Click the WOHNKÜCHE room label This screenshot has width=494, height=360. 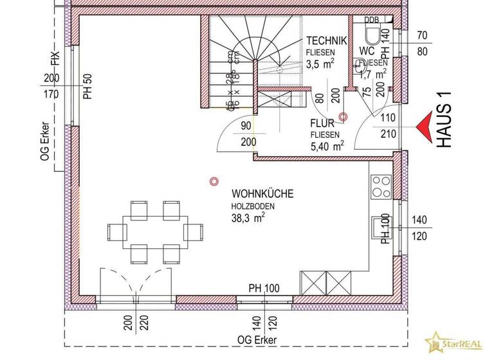pyautogui.click(x=262, y=193)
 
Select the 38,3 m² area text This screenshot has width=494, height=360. pyautogui.click(x=249, y=217)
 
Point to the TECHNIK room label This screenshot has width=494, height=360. pyautogui.click(x=326, y=40)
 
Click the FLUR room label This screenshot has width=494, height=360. pyautogui.click(x=322, y=123)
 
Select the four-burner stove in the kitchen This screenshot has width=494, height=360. pyautogui.click(x=381, y=186)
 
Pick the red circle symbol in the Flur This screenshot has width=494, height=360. pyautogui.click(x=343, y=116)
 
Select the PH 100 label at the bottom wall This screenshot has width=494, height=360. pyautogui.click(x=264, y=288)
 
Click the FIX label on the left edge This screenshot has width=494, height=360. pyautogui.click(x=56, y=60)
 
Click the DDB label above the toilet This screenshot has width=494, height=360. pyautogui.click(x=371, y=20)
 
